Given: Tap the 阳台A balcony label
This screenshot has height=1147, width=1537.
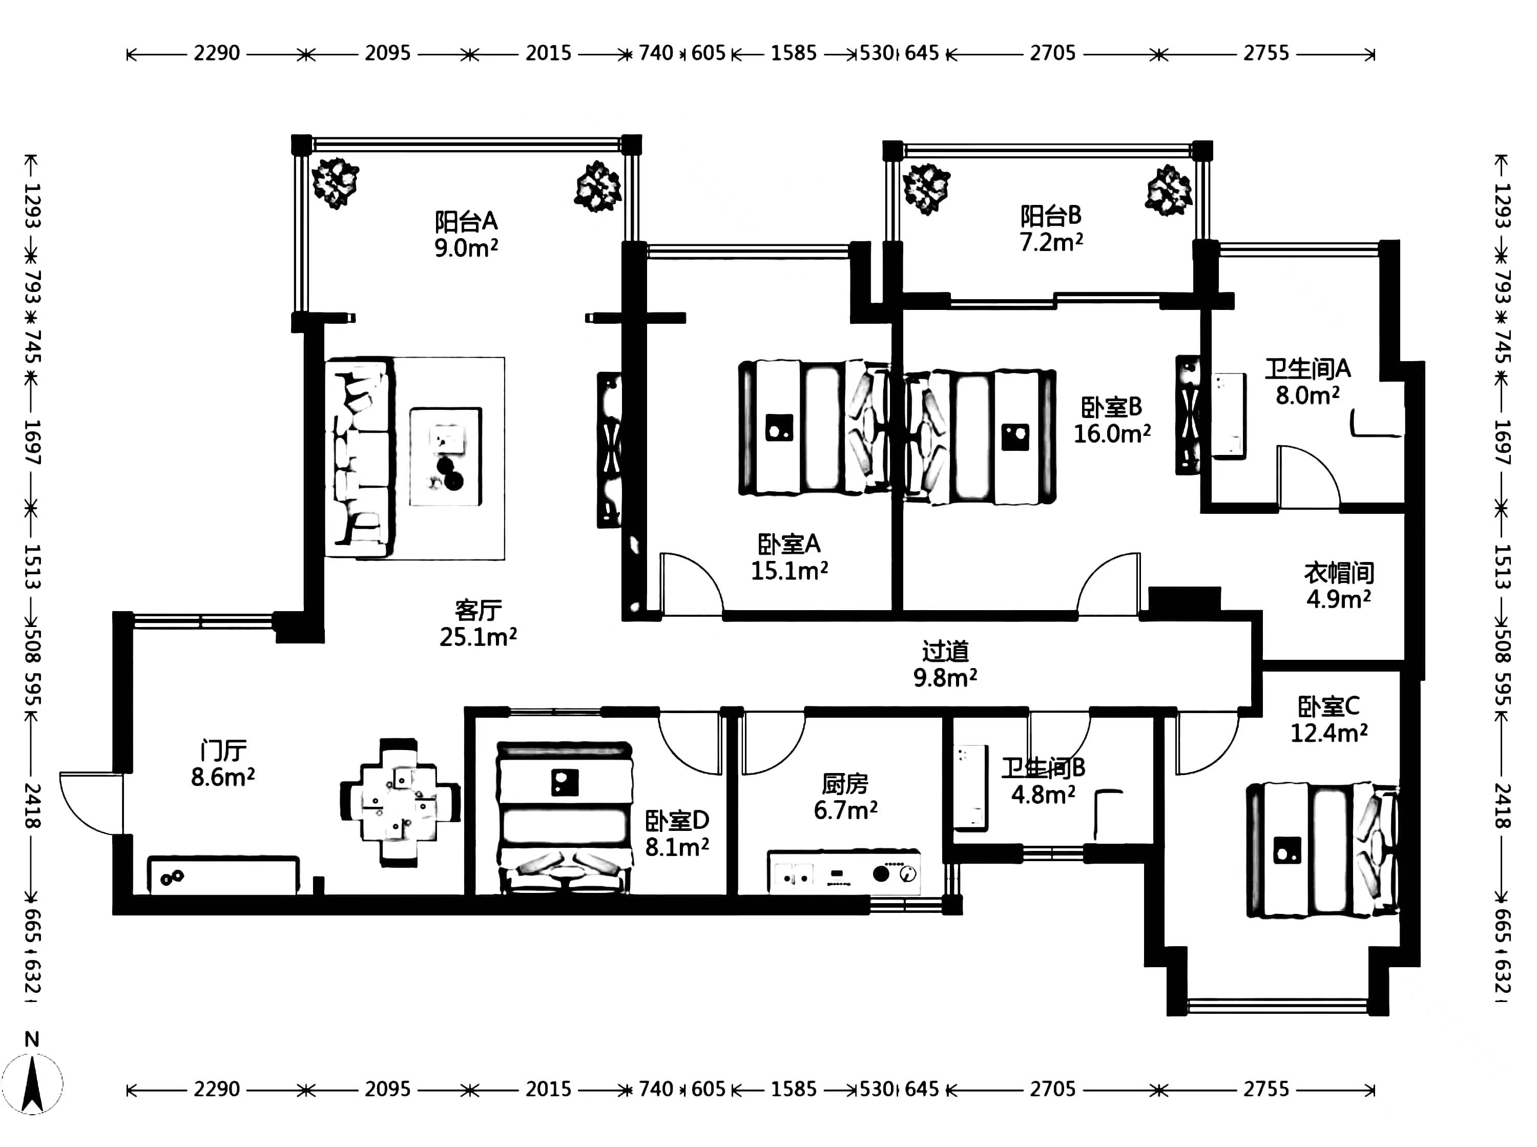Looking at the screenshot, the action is (466, 221).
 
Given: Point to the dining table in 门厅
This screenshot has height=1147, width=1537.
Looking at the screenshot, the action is (400, 802).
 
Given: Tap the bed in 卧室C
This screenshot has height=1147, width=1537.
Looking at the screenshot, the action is (1322, 850).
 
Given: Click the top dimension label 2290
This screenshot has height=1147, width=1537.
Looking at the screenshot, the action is (217, 53).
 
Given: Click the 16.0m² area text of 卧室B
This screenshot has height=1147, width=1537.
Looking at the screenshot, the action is (1112, 434).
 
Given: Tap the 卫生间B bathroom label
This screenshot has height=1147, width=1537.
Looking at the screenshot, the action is (1043, 768).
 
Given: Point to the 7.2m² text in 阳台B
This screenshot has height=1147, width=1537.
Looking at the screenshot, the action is (1051, 242).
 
